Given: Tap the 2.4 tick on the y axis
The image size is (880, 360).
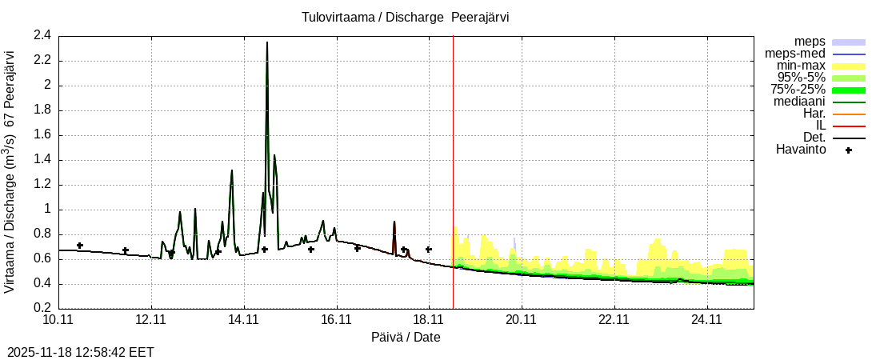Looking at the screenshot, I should [42, 35].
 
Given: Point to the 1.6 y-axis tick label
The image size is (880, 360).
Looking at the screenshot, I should [42, 134].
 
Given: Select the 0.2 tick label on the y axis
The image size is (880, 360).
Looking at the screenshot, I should [42, 308].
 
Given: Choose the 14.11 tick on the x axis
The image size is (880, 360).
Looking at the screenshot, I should [244, 320].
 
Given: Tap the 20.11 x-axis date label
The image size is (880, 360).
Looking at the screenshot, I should [522, 320].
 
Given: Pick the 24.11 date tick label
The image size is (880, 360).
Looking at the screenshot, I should [706, 320].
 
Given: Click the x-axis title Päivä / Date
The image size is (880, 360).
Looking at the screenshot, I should [406, 338].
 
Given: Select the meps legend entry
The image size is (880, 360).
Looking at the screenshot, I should [810, 42].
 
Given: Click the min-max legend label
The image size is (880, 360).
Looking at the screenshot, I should [800, 66].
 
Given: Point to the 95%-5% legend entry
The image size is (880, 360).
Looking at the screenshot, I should [801, 78].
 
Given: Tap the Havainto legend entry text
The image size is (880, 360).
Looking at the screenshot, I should [801, 150].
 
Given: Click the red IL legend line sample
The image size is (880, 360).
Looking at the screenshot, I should [849, 126].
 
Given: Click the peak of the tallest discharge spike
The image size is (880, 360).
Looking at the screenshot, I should [267, 42].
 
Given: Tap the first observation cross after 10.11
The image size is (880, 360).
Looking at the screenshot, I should [79, 246].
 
